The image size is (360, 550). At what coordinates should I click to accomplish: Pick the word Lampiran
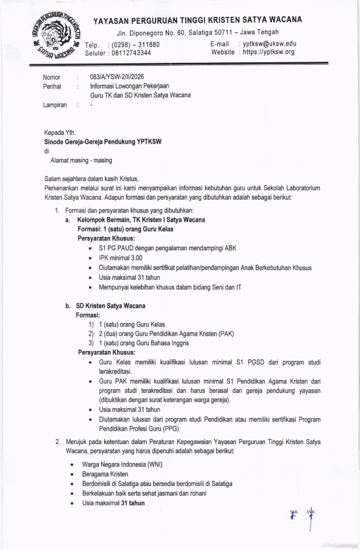click(x=55, y=105)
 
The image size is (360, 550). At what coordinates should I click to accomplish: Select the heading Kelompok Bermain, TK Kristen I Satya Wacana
click(x=141, y=219)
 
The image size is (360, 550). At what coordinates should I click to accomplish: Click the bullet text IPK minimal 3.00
click(x=121, y=258)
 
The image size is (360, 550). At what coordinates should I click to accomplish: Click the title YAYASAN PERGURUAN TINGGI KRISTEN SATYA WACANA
click(x=197, y=19)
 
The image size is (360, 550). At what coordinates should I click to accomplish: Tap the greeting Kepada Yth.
click(x=60, y=132)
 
